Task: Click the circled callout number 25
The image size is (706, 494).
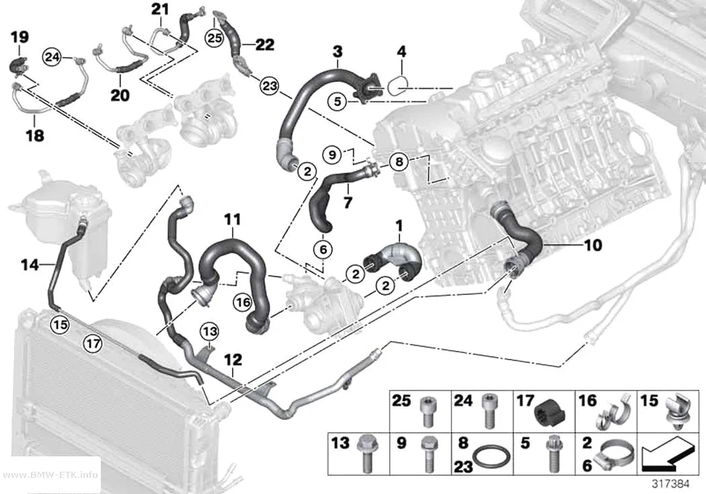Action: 214,38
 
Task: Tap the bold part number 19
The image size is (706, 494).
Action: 19,37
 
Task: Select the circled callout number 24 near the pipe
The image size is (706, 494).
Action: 52,57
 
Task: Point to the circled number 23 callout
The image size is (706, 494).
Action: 269,85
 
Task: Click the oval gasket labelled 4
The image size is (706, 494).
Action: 397,85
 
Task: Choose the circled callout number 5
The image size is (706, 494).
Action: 338,101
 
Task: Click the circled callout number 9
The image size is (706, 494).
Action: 332,155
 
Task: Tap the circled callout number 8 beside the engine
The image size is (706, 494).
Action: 399,161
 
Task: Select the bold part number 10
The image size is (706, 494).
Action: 592,245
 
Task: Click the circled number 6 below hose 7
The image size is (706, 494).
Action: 323,249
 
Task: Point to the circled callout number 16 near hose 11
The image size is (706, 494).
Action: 243,302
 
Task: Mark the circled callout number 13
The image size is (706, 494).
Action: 209,332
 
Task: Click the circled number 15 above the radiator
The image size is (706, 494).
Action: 61,323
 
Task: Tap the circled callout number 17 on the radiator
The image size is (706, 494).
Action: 93,344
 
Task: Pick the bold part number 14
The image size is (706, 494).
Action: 30,265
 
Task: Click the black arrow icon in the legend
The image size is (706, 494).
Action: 666,455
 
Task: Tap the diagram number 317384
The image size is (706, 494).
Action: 671,484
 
